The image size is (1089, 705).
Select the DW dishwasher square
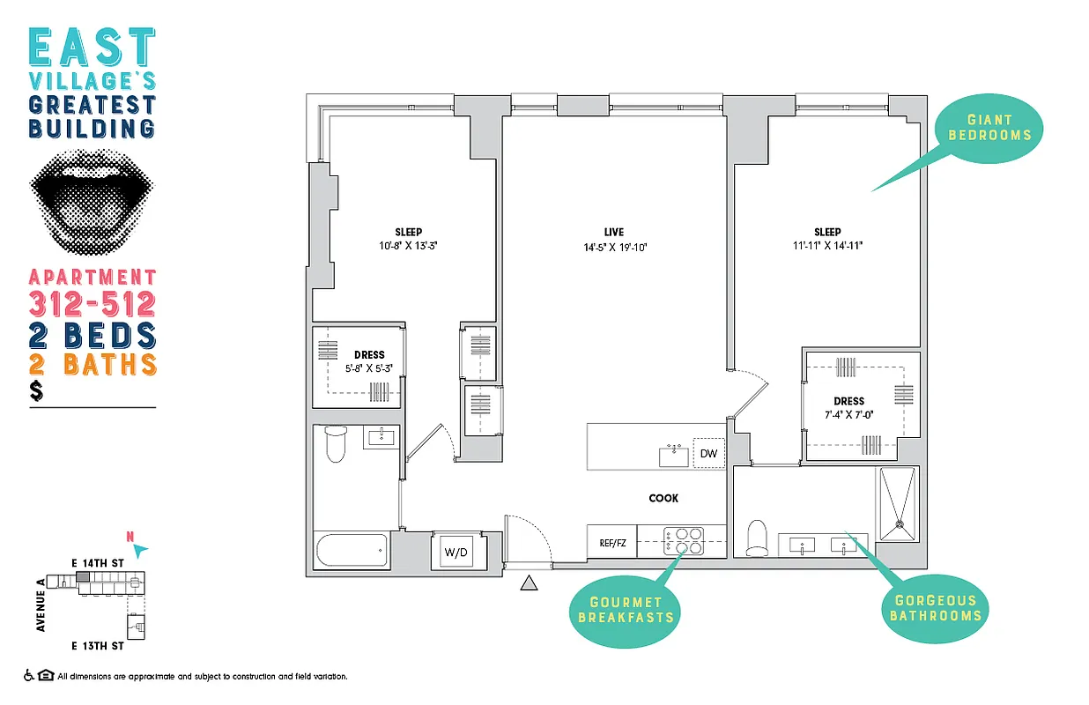tap(708, 454)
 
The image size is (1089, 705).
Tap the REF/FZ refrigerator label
tap(612, 543)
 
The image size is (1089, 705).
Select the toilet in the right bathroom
tap(758, 538)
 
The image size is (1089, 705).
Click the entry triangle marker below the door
tap(529, 583)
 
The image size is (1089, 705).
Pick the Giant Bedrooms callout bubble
tap(989, 128)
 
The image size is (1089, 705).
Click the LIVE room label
tap(613, 232)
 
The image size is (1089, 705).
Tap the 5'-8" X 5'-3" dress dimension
tap(370, 369)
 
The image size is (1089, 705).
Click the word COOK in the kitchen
tap(663, 498)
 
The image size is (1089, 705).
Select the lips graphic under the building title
tap(93, 204)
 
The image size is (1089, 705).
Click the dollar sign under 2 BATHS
tap(36, 391)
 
